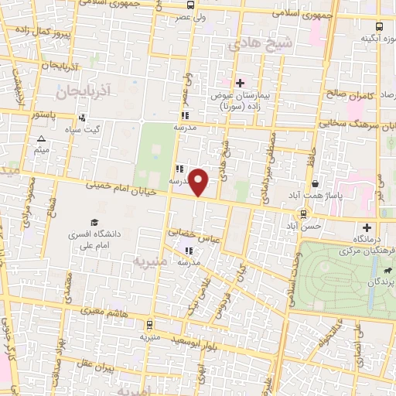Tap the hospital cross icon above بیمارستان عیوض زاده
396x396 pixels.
(x=240, y=83)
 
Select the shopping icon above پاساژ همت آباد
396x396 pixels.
(x=318, y=184)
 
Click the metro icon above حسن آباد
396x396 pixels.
(x=302, y=213)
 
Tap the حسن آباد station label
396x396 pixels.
(x=302, y=226)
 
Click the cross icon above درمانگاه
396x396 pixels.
(x=367, y=228)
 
